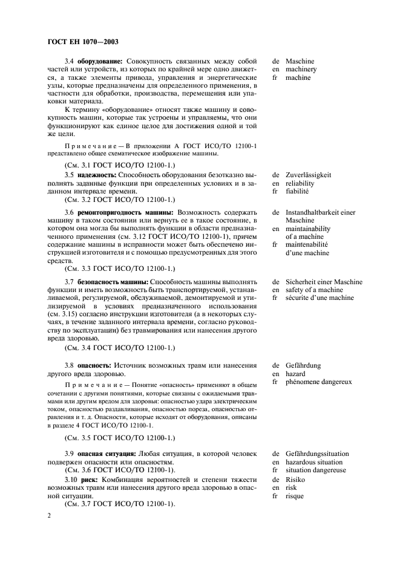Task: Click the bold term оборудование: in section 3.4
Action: (100, 62)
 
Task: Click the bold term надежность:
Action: (99, 175)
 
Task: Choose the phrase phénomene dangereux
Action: (318, 382)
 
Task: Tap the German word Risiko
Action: (296, 479)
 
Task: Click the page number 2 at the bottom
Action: (48, 516)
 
